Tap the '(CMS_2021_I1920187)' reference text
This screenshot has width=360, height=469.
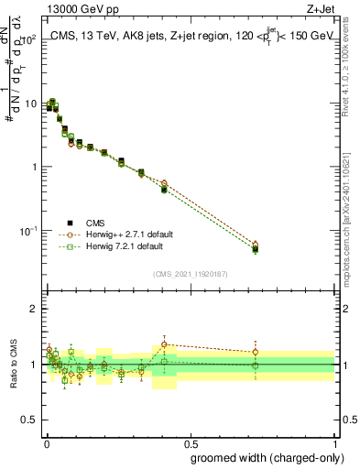(191, 272)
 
